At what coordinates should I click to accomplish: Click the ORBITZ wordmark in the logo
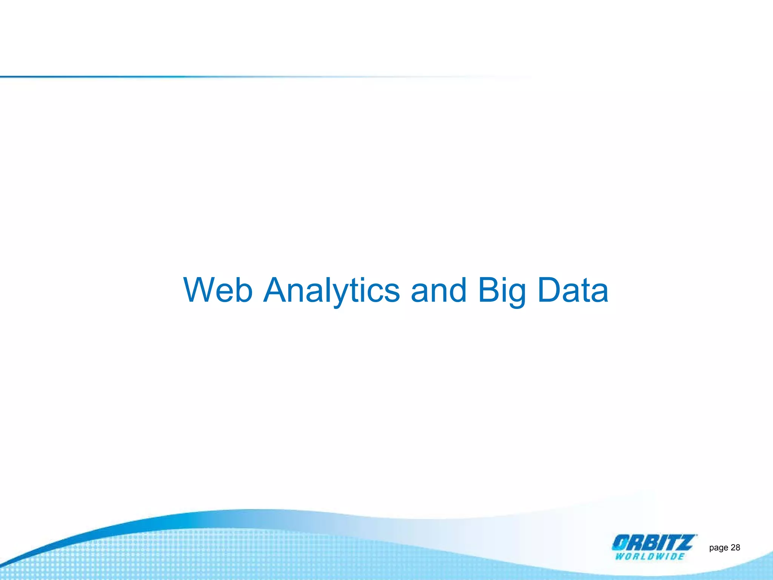click(x=653, y=543)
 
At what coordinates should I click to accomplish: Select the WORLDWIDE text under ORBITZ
click(x=650, y=556)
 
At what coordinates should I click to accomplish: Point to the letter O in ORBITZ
click(x=620, y=543)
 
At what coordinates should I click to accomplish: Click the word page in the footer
click(x=718, y=548)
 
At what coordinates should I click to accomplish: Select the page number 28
click(x=735, y=548)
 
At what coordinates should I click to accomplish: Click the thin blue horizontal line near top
click(x=189, y=77)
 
